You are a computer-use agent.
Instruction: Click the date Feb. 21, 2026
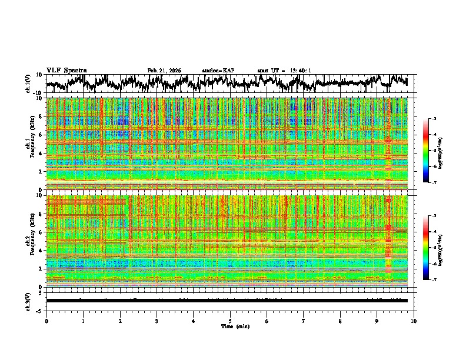pyautogui.click(x=164, y=71)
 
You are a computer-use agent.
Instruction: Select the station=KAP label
pyautogui.click(x=218, y=71)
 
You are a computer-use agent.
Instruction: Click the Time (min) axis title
pyautogui.click(x=234, y=326)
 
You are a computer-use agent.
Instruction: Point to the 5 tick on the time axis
pyautogui.click(x=230, y=321)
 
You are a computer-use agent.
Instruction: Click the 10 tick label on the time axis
pyautogui.click(x=414, y=321)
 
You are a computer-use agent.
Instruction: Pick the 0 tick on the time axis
pyautogui.click(x=46, y=321)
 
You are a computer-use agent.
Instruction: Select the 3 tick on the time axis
pyautogui.click(x=157, y=321)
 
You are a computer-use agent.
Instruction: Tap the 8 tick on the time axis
pyautogui.click(x=340, y=321)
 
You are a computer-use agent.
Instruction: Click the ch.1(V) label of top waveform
pyautogui.click(x=28, y=84)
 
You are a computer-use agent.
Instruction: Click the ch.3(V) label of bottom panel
pyautogui.click(x=28, y=301)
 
